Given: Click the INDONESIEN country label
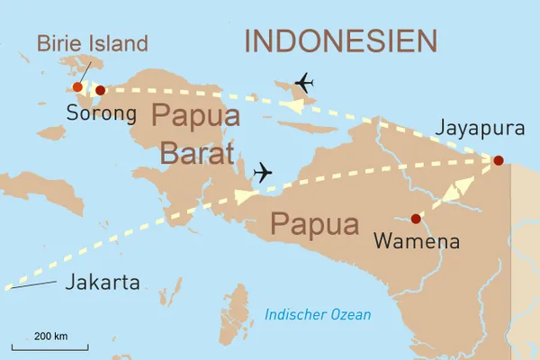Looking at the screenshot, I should point(341,40).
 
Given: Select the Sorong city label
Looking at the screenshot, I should point(101,114).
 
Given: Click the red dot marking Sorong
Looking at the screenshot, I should point(100,90).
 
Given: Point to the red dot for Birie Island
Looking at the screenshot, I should point(77,87).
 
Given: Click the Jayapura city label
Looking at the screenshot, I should point(480,129).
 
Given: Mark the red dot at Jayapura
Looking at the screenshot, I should point(499,161).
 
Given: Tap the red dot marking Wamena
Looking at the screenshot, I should point(415,219).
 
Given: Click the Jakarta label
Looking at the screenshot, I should point(102,283).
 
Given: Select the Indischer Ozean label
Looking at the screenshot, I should point(318,315).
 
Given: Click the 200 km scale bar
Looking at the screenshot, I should point(50,345).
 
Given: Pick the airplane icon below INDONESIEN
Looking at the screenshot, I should point(304,83).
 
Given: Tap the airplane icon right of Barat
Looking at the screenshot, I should point(263,172).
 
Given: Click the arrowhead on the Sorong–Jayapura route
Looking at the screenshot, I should point(291,105).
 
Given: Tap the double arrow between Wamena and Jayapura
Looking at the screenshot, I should point(457,190).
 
